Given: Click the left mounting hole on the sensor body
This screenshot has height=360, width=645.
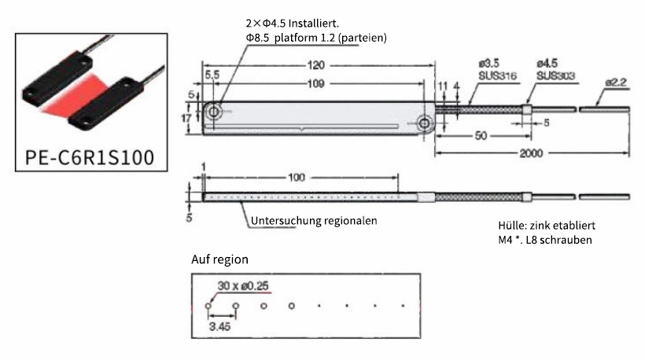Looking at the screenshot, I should [x=215, y=112].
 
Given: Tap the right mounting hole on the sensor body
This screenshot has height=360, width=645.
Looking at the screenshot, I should [x=426, y=123].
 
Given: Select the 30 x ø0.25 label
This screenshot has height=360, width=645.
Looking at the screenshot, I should [x=241, y=288].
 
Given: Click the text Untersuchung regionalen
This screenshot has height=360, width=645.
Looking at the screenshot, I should [x=314, y=221].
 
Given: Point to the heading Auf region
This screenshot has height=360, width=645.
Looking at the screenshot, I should [x=219, y=259].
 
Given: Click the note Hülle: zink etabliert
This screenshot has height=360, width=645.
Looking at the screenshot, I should [x=544, y=224].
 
